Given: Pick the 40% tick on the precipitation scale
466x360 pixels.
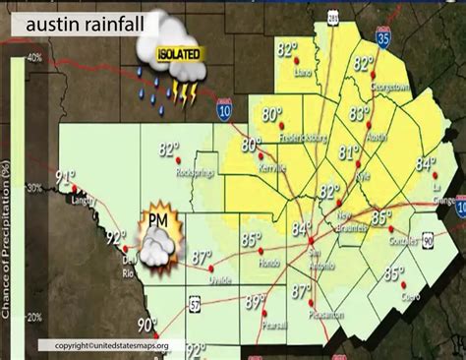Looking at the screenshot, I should point(33,58).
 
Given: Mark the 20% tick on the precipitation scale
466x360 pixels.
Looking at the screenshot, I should point(33,317).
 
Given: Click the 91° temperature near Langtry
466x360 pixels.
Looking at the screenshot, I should point(66,177).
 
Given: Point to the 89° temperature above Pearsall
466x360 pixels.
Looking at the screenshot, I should point(255,302).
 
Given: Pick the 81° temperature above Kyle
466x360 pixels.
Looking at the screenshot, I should point(348,152).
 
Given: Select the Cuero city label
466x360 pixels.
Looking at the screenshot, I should point(395,295).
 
